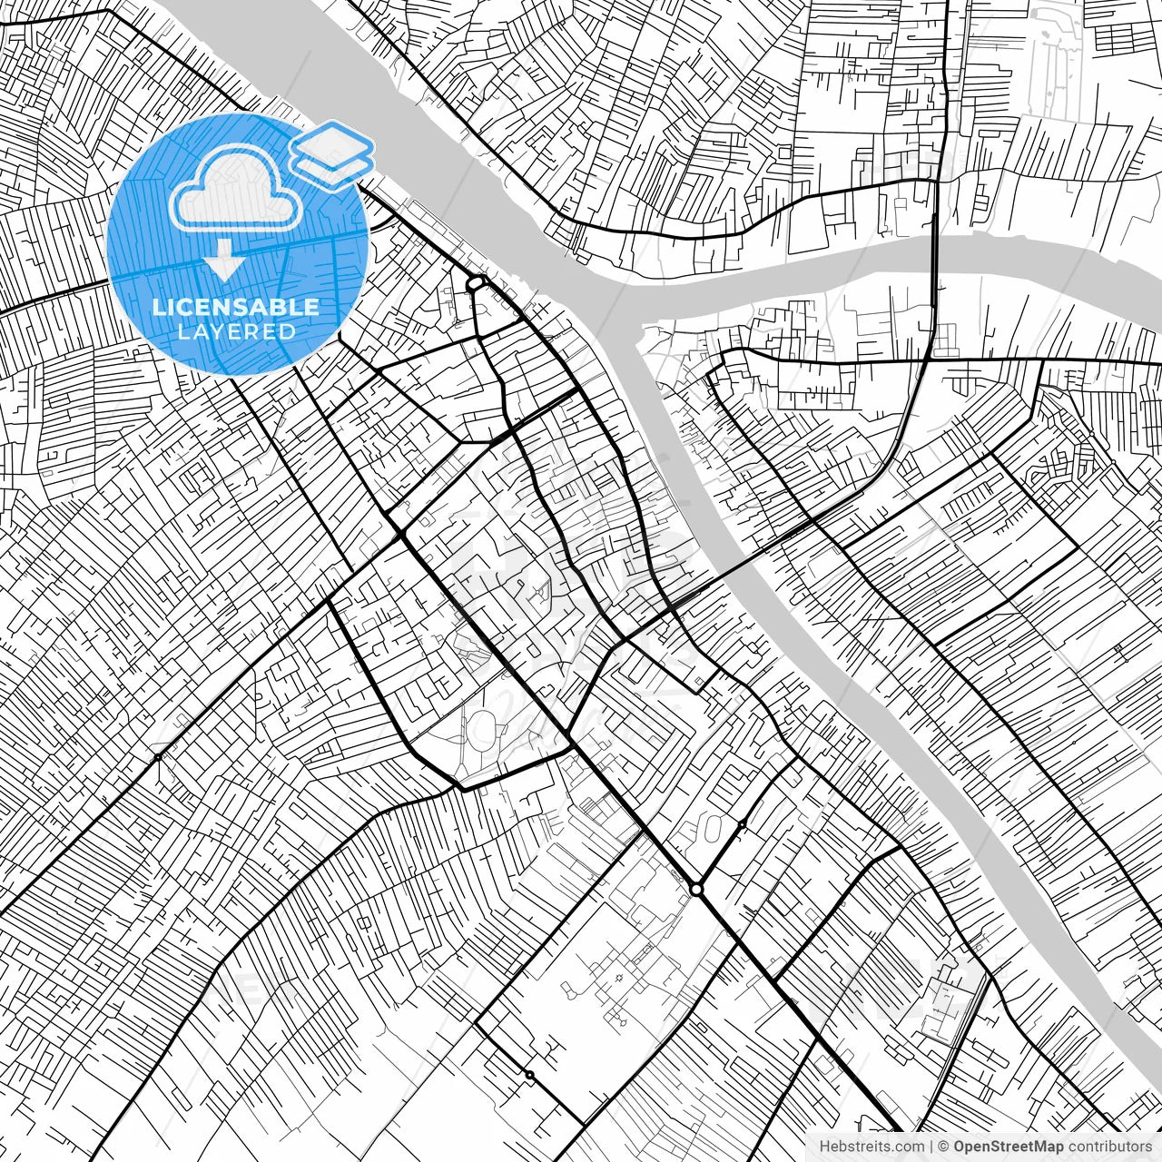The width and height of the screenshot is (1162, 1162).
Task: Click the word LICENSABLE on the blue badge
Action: (236, 307)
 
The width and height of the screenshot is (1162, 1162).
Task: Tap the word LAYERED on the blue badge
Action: (236, 332)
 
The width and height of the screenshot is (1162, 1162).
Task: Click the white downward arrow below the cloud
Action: (223, 263)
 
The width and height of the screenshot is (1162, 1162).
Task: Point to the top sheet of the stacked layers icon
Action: (331, 143)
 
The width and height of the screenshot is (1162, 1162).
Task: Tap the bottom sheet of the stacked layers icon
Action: (331, 165)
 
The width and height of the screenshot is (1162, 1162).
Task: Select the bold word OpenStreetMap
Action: (1009, 1147)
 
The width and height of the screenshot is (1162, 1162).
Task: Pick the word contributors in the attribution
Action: (1109, 1147)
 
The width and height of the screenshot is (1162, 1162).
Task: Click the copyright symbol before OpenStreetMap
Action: (943, 1147)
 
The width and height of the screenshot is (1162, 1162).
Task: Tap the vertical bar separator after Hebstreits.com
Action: (932, 1147)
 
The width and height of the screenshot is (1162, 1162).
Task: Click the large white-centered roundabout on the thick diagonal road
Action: (696, 890)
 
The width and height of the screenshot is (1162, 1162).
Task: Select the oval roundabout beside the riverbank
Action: (475, 284)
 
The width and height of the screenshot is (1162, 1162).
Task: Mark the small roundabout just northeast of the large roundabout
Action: (743, 824)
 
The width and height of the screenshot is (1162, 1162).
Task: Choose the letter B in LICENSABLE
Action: (279, 307)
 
